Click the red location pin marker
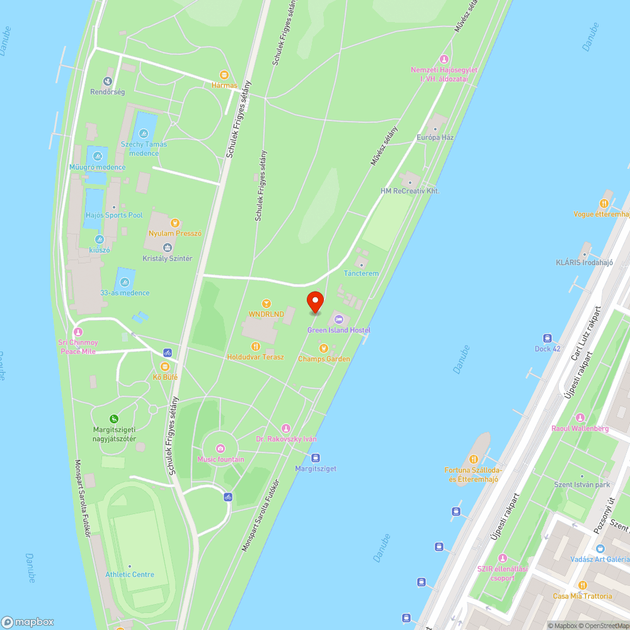coord(314,302)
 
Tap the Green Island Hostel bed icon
coord(338,320)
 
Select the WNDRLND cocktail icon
coord(266,304)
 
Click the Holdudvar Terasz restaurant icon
coord(255,346)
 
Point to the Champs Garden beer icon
coord(323,348)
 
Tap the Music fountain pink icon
coord(220,449)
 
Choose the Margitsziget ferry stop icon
coord(316,458)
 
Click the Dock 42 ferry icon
coord(547,338)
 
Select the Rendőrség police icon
coord(107,81)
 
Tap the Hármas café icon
coord(224,74)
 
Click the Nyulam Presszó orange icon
coord(175,222)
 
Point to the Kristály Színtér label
coord(168,258)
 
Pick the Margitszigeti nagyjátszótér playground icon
coord(114,418)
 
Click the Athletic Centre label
coord(130,574)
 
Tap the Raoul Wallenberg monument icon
coord(580,418)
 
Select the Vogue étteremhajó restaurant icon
coord(604,203)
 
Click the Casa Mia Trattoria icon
coord(582,585)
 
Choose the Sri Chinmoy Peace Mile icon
coord(78,332)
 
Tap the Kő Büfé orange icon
coord(165,366)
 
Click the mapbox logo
coord(28,621)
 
